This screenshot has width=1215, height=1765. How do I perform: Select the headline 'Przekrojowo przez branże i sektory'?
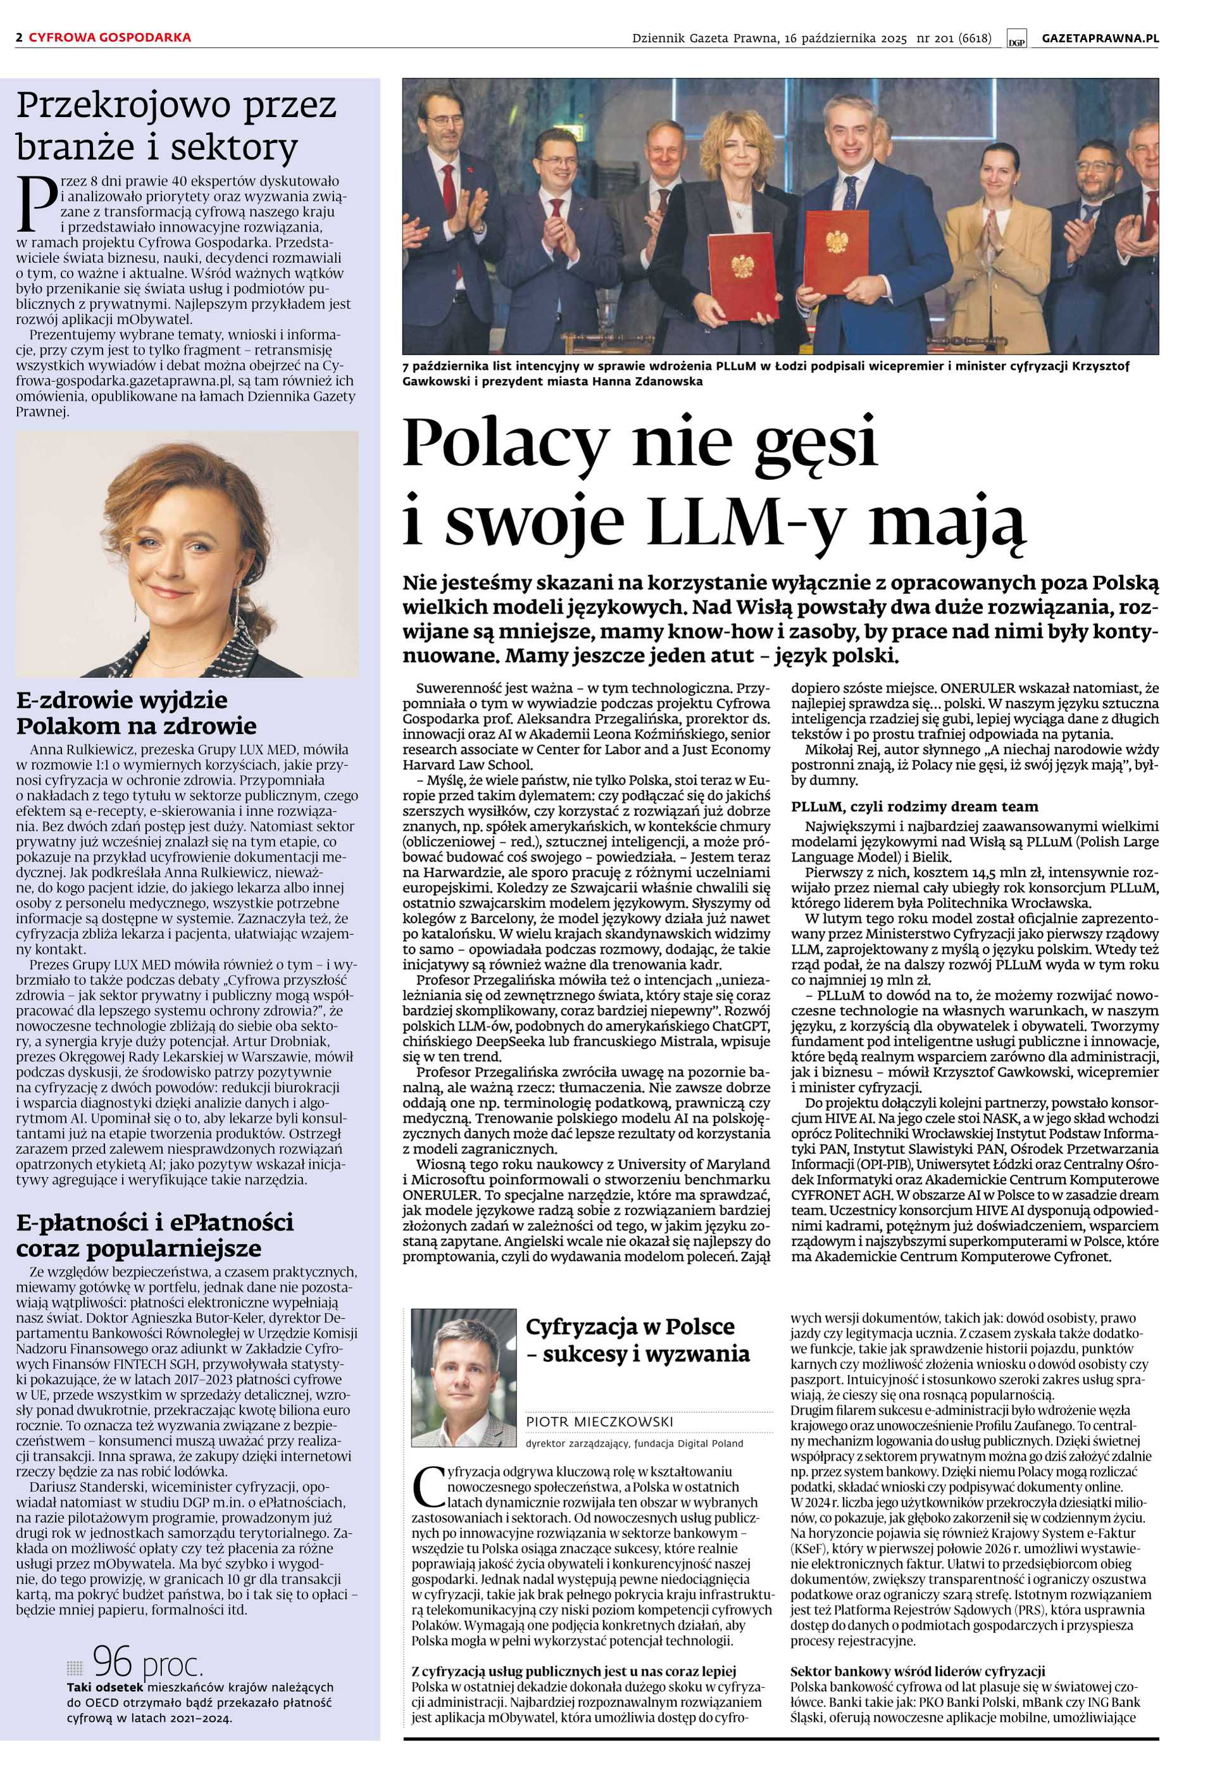click(177, 127)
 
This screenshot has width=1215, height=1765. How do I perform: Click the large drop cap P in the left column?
click(36, 203)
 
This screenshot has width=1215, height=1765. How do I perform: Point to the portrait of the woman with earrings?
click(187, 555)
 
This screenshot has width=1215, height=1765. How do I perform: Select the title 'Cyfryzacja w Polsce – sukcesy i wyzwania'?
click(637, 1340)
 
